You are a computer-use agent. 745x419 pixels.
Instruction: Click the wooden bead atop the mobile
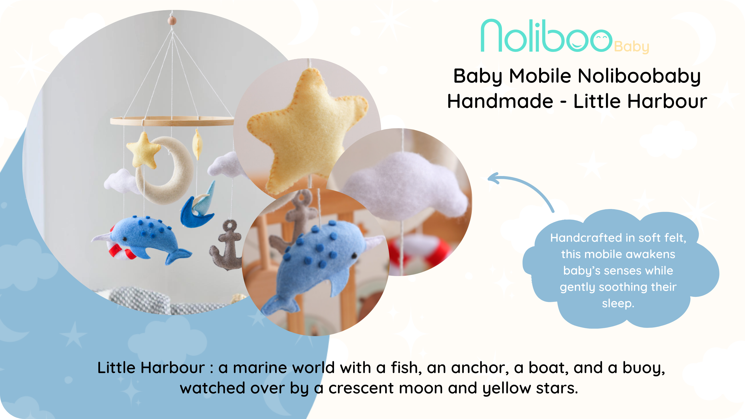tap(172, 21)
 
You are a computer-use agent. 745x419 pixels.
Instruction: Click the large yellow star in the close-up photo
tap(306, 130)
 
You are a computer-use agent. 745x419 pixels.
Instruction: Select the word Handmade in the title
tap(500, 101)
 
